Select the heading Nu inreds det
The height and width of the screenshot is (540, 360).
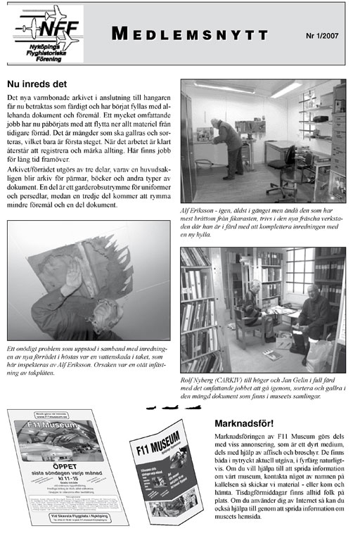[38, 83]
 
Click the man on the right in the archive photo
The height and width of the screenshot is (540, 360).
[314, 316]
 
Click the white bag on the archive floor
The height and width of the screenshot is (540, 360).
[317, 354]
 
